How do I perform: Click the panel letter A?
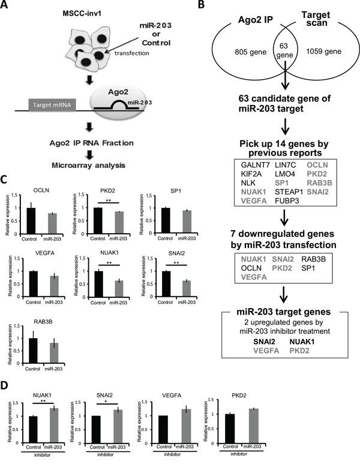[x=7, y=7]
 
